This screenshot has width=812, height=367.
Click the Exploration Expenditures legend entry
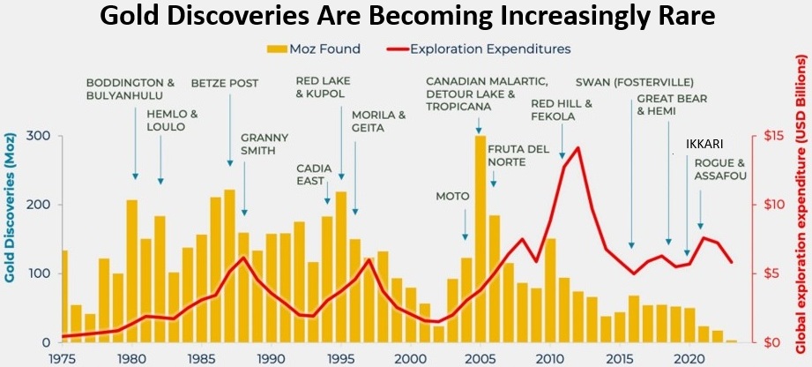coord(494,49)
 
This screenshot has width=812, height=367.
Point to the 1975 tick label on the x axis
coord(63,357)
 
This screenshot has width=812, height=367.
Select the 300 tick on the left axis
coord(40,136)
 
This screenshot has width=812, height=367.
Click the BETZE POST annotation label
coord(225,84)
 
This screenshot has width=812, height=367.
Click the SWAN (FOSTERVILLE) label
coord(626,84)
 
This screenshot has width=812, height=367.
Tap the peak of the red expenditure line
coord(577,147)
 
